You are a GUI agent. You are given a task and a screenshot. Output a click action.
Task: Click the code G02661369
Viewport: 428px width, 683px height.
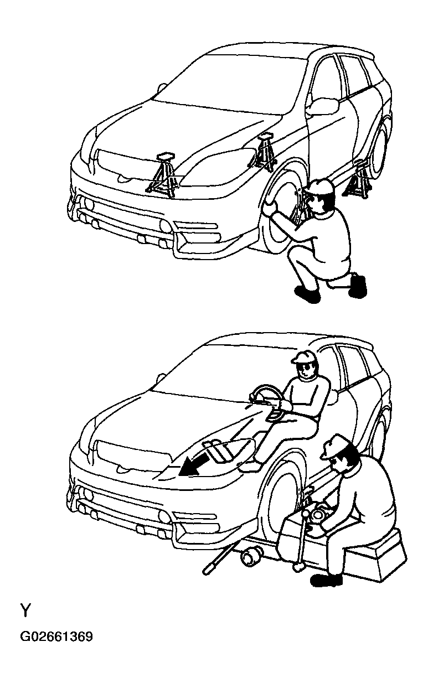coord(56,637)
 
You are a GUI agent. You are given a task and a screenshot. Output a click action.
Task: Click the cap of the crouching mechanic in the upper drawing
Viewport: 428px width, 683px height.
coord(321,187)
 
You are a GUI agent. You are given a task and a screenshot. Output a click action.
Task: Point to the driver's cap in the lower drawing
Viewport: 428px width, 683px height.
coord(303,356)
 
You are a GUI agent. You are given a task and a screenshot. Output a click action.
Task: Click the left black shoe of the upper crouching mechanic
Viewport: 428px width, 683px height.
coord(307,294)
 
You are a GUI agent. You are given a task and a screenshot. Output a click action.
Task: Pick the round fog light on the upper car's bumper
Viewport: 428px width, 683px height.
coord(165,225)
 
